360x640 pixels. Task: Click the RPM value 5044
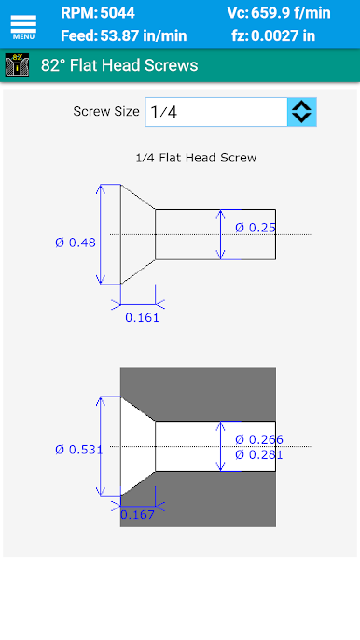coord(118,13)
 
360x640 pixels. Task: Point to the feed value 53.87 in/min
coord(144,35)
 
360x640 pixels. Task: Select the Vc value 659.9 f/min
coord(291,13)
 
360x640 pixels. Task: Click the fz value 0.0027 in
coord(283,35)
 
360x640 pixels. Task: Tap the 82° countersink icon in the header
coord(17,65)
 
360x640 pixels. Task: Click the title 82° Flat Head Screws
coord(119,65)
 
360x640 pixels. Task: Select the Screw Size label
coord(106,111)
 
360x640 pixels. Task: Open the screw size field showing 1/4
coord(216,112)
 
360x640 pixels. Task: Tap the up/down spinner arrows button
coord(302,112)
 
